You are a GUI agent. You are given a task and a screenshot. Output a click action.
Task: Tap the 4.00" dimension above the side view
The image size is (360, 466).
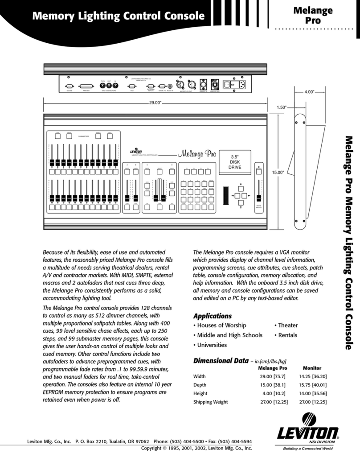coord(309,92)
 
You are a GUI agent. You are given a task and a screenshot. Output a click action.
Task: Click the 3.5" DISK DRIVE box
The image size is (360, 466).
coord(235,162)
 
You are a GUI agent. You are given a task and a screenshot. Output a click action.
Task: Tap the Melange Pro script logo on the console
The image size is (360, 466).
coord(196,155)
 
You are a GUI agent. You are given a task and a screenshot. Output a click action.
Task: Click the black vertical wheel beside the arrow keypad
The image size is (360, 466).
coord(226,194)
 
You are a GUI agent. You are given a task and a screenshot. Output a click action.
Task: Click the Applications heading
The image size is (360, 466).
coord(212,315)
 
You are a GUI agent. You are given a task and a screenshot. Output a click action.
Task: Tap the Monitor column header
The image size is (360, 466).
coord(312,368)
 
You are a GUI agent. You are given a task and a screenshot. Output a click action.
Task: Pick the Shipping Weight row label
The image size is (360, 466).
coord(210,402)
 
